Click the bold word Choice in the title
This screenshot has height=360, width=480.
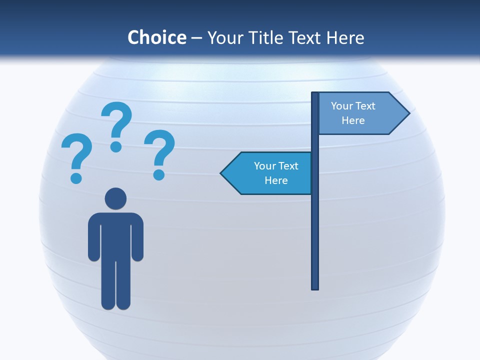(156, 37)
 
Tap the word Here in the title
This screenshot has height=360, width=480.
(345, 37)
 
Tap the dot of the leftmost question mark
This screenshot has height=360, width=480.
(76, 177)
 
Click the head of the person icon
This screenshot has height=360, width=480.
(115, 198)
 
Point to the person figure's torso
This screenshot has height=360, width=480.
(115, 235)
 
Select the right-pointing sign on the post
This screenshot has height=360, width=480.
(360, 113)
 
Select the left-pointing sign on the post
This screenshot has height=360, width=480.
(270, 173)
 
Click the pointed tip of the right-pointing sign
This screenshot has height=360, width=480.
(408, 113)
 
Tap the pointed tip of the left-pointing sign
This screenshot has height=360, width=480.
(221, 173)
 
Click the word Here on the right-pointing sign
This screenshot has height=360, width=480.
(353, 120)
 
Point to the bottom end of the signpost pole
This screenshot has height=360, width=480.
(315, 287)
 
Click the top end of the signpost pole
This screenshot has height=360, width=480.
(315, 94)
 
